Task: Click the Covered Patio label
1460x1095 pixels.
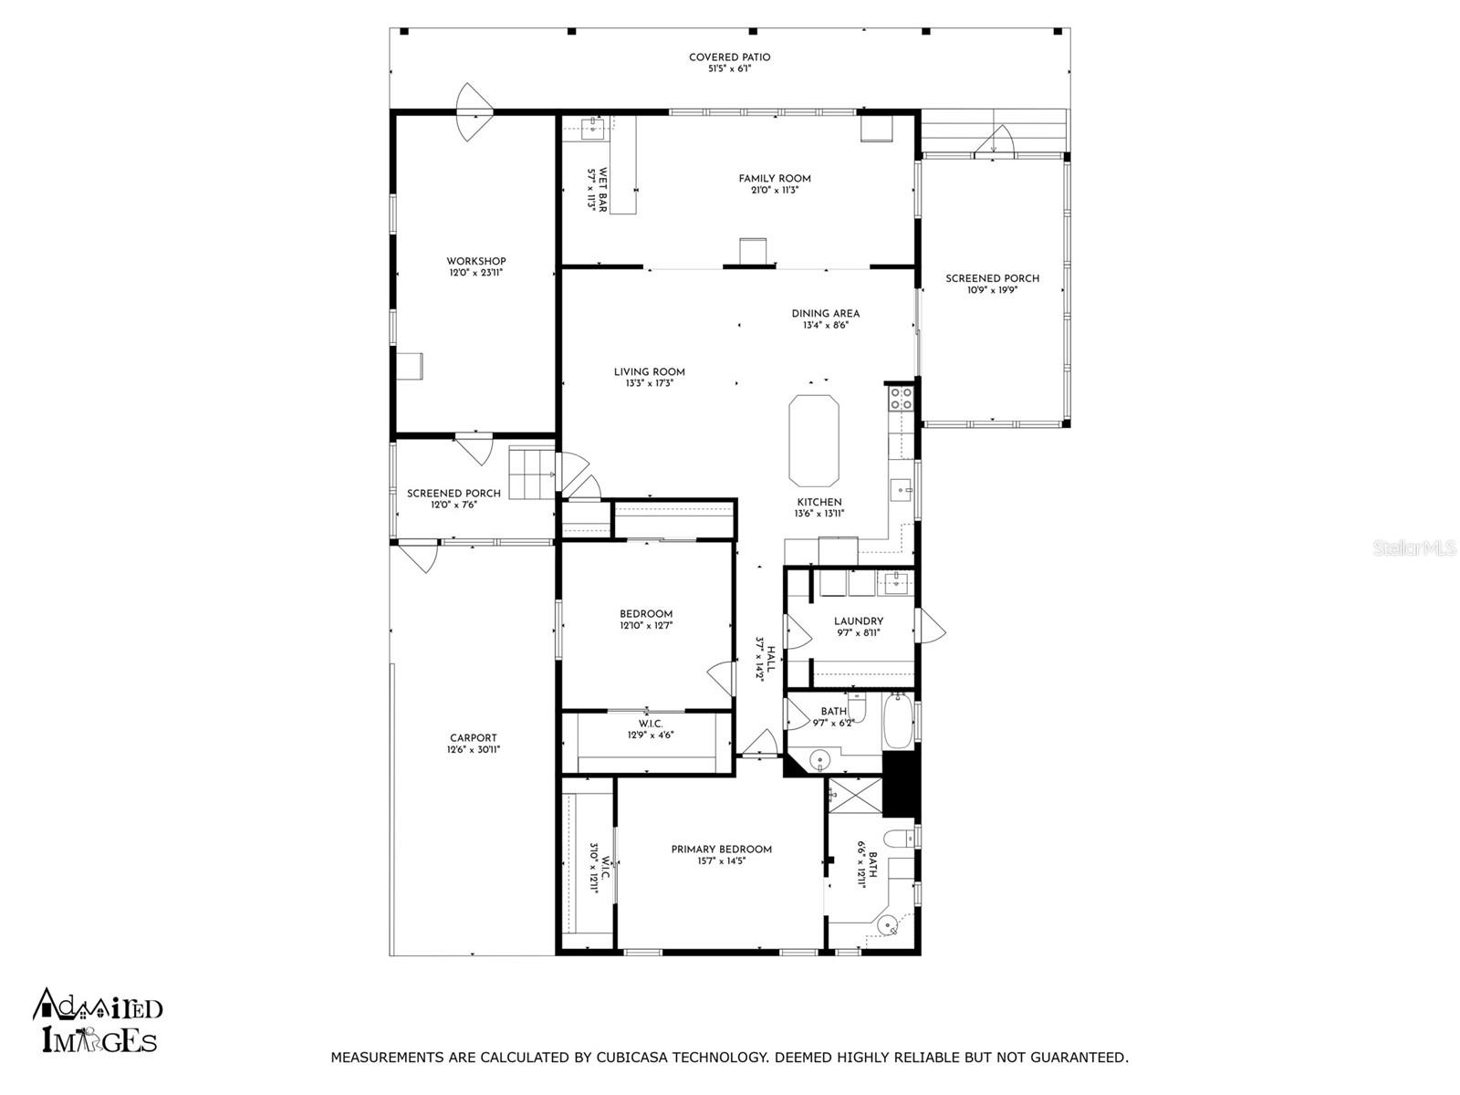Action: tap(729, 57)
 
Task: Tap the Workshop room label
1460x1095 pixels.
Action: tap(475, 261)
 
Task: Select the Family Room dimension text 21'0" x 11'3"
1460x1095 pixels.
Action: tap(774, 190)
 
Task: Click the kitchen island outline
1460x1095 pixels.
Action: tap(813, 440)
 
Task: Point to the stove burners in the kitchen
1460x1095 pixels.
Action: tap(901, 398)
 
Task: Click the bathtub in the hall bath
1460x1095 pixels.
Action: tap(897, 721)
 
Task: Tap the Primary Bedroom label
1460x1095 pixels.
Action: tap(721, 849)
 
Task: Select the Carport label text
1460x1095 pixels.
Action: tap(473, 738)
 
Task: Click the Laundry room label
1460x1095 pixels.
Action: tap(858, 621)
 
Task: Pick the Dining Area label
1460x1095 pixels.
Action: tap(825, 313)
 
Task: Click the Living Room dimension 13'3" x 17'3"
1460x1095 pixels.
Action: tap(649, 383)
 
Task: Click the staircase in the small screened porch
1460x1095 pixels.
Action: tap(532, 472)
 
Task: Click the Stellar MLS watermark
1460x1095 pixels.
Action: tap(1413, 547)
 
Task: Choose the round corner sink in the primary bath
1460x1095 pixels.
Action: tap(887, 924)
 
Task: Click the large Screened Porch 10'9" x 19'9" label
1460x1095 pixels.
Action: tap(992, 284)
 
